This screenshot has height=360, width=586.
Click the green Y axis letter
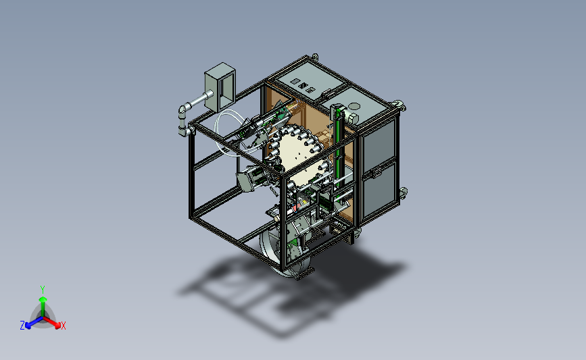42,290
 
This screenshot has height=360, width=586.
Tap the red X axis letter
63,326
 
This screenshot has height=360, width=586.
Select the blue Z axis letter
22,326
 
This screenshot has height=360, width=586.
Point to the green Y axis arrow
43,306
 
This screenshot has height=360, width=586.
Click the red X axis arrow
52,322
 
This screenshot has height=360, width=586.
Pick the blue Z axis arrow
34,323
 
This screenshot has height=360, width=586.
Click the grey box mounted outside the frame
220,87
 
